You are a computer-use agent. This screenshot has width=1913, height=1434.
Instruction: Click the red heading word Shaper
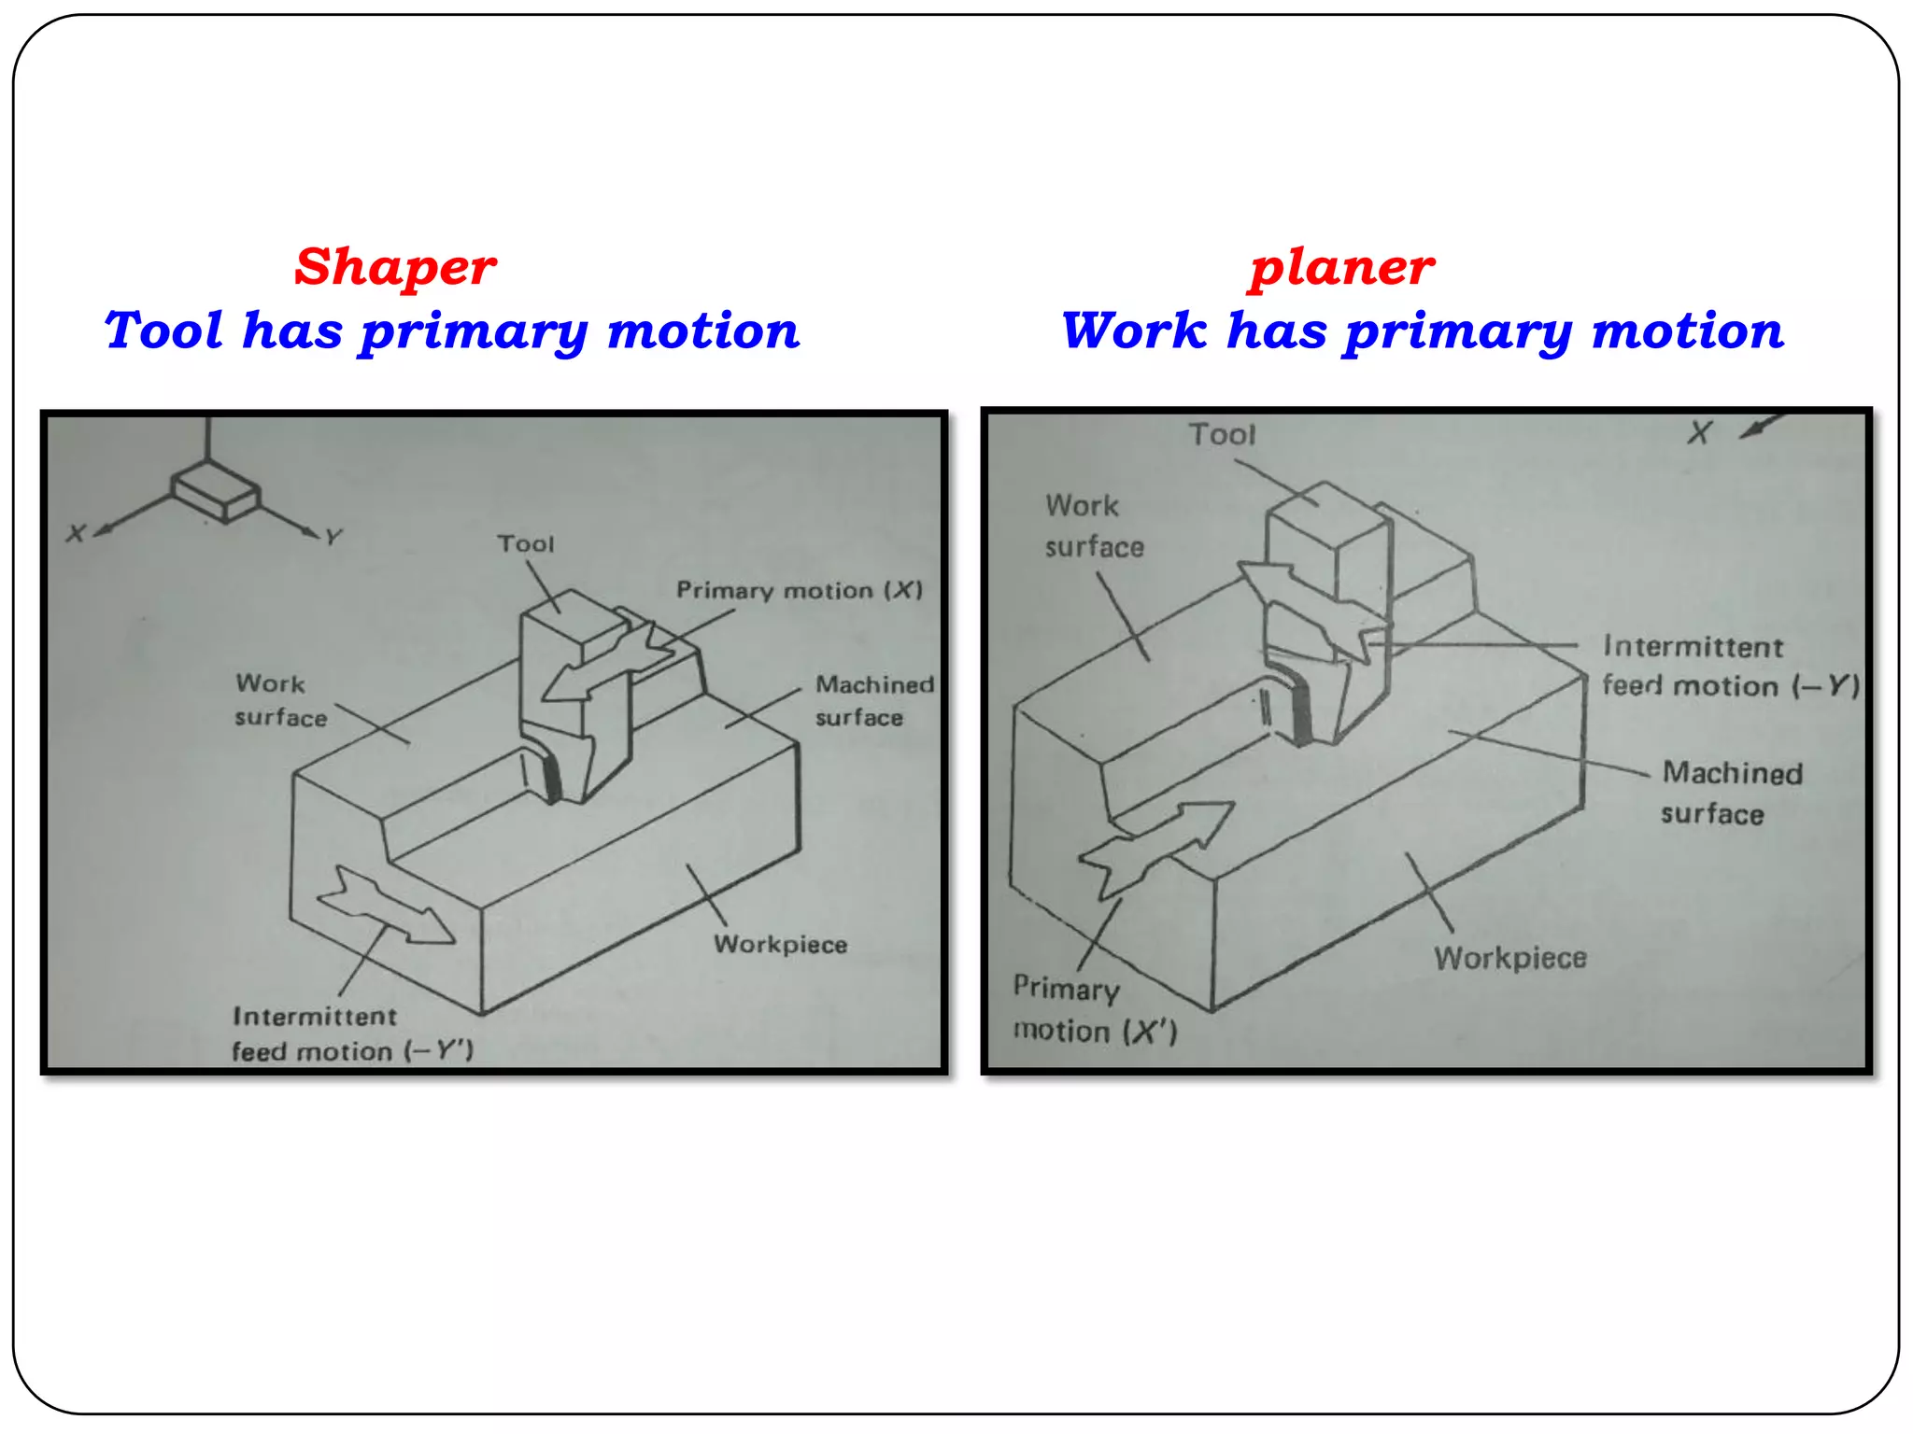(395, 268)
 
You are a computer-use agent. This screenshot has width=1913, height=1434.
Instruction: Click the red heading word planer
(1341, 268)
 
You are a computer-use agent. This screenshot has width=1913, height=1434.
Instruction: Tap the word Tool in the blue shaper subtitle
(163, 330)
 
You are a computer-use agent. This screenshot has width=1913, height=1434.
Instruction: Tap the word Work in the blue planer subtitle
(1134, 330)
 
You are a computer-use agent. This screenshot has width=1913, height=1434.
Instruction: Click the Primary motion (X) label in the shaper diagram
(799, 590)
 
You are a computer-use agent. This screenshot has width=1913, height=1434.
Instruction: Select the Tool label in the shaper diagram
(526, 543)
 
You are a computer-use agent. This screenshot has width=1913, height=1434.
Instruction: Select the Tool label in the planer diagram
(1222, 434)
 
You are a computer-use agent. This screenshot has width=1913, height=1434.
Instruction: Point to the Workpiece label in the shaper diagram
(780, 944)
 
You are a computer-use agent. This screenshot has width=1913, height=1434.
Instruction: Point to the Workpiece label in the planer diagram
(1510, 958)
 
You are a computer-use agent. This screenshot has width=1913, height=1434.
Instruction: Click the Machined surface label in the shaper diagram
(873, 700)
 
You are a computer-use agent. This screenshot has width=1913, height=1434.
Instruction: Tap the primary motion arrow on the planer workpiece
(1158, 844)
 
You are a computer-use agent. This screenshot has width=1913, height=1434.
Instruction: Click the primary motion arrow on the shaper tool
(607, 663)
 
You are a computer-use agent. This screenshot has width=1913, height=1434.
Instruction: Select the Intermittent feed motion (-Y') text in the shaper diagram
(352, 1033)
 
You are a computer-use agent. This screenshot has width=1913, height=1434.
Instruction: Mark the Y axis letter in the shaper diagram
(333, 537)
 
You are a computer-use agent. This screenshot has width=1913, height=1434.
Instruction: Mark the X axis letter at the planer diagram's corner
(1699, 432)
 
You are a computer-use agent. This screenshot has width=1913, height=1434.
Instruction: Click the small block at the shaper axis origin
(215, 491)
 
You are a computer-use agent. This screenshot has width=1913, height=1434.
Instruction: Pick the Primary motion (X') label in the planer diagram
(1095, 1009)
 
